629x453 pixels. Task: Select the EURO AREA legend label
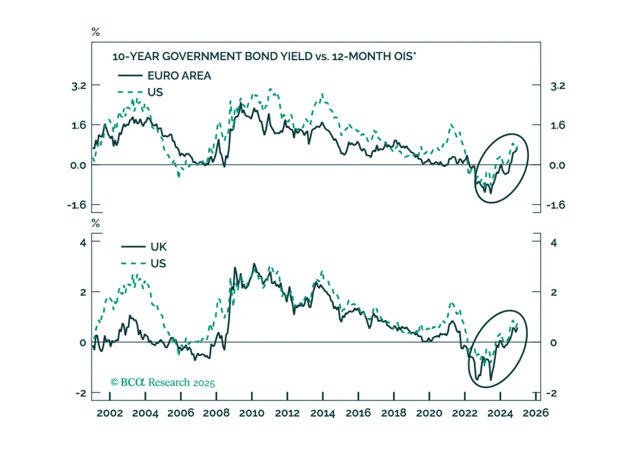coord(179,76)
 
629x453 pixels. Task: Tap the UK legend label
coord(158,247)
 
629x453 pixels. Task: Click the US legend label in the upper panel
coord(155,92)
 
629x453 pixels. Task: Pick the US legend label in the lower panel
coord(158,263)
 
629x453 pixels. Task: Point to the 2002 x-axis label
coord(110,413)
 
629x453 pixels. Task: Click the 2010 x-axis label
coord(252,413)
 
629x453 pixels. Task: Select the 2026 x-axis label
coord(536,413)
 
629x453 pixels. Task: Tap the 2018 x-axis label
coord(394,413)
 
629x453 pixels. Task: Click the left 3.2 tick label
coord(79,86)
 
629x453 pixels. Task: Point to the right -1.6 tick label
coord(556,205)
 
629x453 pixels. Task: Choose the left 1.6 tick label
coord(79,125)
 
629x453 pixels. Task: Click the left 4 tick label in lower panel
coord(83,242)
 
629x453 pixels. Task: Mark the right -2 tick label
coord(552,393)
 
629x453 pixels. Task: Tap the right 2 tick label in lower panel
coord(554,293)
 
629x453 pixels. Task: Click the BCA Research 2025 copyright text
coord(162,382)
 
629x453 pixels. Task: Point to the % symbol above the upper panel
coord(95,32)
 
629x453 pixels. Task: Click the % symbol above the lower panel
coord(95,223)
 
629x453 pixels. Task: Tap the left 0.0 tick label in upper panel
coord(78,165)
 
